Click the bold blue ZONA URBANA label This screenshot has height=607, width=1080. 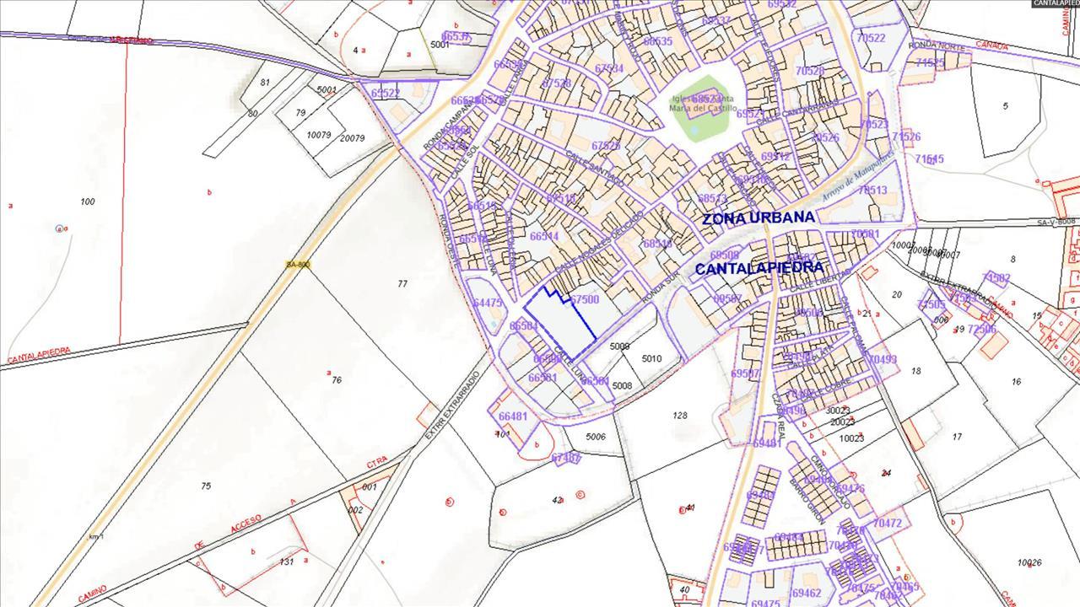tap(758, 218)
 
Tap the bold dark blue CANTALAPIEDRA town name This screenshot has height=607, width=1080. tap(759, 268)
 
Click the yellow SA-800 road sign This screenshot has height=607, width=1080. tap(299, 264)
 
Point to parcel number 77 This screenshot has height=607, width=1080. tap(402, 284)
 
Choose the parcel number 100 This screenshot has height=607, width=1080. tap(87, 201)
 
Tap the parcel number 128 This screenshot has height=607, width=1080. tap(680, 415)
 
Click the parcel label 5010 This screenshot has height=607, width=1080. tap(651, 359)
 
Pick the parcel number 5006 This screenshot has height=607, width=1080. tap(596, 437)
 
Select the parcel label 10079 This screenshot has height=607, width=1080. tap(318, 135)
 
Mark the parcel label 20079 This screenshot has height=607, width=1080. tap(352, 138)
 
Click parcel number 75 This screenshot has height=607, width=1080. tap(206, 486)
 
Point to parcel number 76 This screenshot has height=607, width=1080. tap(336, 380)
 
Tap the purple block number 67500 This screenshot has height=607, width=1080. tap(584, 299)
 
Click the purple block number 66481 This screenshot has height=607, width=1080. tap(512, 416)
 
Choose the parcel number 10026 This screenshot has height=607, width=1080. tap(1029, 562)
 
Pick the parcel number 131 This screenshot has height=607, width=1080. tap(287, 561)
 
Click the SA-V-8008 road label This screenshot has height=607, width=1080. tap(1056, 222)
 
